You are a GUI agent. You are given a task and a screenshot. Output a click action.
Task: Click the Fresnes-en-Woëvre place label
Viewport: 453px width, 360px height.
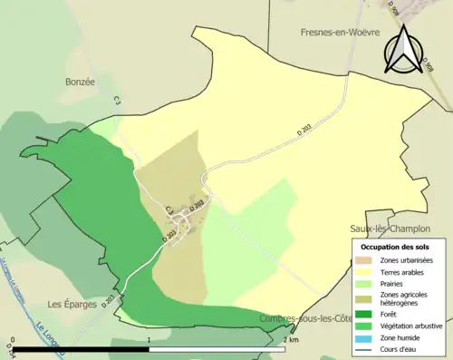pos(339,32)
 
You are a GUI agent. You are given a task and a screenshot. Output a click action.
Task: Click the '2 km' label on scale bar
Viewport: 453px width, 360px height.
pos(290,340)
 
